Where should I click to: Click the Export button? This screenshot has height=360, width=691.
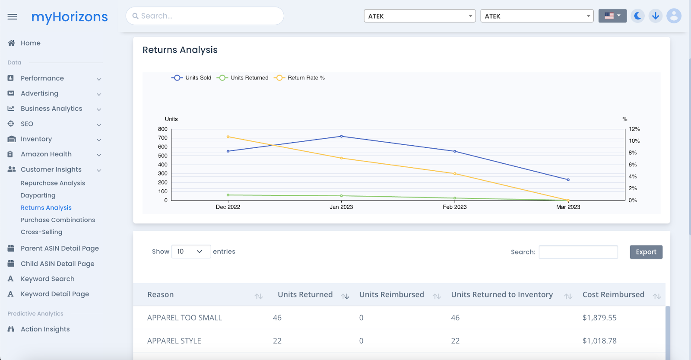pos(646,252)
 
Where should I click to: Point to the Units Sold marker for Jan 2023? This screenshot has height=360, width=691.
pos(341,137)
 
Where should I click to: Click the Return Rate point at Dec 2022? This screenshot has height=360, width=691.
pos(228,137)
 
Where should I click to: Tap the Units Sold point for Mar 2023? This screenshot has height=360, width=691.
pos(568,180)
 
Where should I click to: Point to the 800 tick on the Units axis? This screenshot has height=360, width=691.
pos(163,129)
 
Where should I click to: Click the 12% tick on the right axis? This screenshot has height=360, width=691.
pos(634,129)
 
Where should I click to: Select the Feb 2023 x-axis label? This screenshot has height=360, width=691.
pos(454,207)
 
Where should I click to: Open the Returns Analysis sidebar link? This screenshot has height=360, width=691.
pos(46,208)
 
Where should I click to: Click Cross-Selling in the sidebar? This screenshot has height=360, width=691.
pos(41,232)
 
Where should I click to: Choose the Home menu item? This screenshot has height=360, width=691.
pos(30,43)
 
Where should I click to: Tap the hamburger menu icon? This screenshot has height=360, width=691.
pos(12,17)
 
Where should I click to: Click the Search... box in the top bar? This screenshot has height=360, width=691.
pos(205,16)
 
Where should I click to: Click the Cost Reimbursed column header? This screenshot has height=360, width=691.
pos(613,295)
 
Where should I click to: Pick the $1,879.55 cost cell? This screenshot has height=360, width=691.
pos(599,318)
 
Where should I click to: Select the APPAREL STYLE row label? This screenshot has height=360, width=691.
pos(174,341)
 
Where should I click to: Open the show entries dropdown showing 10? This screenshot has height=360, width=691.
pos(191,252)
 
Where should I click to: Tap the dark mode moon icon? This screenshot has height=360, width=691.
pos(637,16)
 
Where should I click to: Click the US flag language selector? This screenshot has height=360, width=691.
pos(612,16)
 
